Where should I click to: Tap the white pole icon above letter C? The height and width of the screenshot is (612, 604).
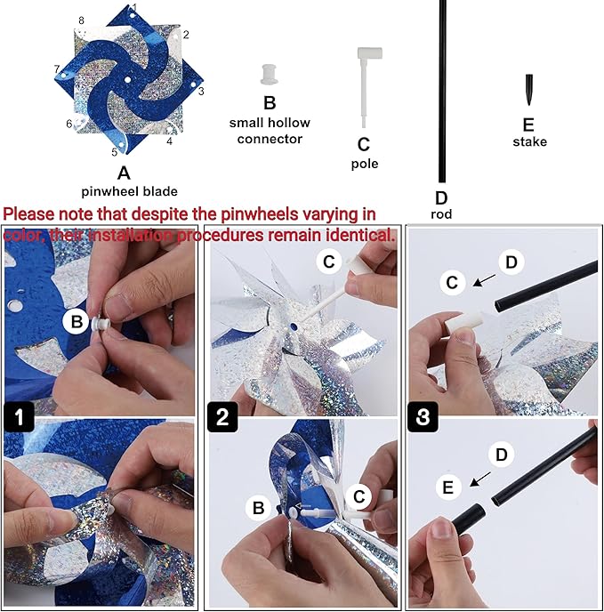(366, 85)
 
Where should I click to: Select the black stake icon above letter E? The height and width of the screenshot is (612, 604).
(529, 90)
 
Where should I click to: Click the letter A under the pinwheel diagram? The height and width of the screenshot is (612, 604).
(124, 173)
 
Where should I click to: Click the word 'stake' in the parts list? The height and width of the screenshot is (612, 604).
(529, 141)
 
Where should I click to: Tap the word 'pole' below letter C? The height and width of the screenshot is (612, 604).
(365, 164)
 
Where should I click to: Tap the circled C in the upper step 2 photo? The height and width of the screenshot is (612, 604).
(328, 261)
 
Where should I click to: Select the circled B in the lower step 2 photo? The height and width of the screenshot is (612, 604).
(259, 508)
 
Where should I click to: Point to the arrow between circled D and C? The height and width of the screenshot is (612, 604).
(485, 280)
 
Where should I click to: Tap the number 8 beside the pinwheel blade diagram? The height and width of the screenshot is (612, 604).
(81, 20)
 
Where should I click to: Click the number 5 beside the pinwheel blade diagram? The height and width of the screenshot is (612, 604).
(114, 152)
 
